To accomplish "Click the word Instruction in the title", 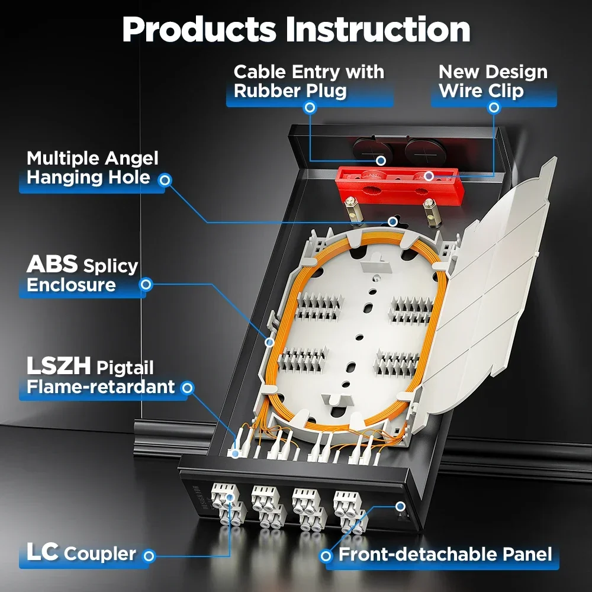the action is (378, 30).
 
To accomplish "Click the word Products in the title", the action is (199, 30).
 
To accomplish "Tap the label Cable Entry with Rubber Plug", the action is (309, 81).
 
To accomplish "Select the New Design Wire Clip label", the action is (493, 81).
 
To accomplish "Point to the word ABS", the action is (52, 264).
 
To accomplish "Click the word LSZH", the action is (59, 365).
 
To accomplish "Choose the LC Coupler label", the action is (81, 552).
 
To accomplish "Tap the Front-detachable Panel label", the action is (445, 554).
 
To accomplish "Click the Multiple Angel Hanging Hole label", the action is (92, 168).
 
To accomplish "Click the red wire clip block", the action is (399, 186).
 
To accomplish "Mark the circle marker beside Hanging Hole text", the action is (165, 180).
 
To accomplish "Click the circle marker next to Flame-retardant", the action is (187, 388).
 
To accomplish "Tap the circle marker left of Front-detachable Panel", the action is (326, 555).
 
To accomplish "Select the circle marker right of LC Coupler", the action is (149, 555).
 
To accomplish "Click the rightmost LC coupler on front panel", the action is (350, 511).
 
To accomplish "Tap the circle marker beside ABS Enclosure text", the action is (146, 284).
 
